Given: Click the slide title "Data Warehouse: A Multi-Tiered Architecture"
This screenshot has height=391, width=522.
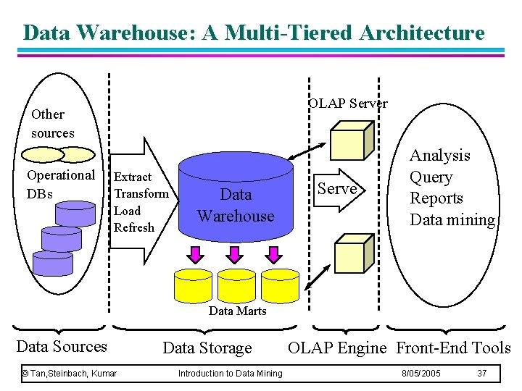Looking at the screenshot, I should click(253, 33).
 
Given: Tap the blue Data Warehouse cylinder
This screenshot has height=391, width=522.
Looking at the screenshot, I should click(236, 195).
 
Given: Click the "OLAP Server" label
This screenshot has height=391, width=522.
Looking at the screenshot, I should click(348, 104).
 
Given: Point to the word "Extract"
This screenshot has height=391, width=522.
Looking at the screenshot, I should click(133, 177).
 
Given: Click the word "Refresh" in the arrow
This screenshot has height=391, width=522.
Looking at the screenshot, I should click(134, 227).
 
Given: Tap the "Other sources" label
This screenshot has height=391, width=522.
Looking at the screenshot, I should click(52, 124).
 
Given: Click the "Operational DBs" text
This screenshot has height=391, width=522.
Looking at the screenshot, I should click(60, 184).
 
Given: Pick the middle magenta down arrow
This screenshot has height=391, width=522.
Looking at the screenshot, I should click(234, 255).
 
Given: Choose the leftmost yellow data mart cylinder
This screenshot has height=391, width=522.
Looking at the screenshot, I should click(194, 285).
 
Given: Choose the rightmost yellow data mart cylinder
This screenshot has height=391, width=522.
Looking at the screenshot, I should click(279, 285).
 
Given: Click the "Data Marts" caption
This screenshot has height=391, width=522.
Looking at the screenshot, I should click(237, 311).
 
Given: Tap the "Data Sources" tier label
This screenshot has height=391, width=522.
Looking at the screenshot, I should click(62, 347).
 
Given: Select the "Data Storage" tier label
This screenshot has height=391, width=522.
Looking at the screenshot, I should click(207, 348).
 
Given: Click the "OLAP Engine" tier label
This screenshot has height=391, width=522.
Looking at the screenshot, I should click(337, 348).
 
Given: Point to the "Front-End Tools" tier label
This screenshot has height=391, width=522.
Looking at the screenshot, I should click(453, 348).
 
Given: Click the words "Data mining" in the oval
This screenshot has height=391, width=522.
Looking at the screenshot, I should click(452, 220).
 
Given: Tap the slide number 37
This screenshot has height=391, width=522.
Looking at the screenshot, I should click(481, 374).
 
